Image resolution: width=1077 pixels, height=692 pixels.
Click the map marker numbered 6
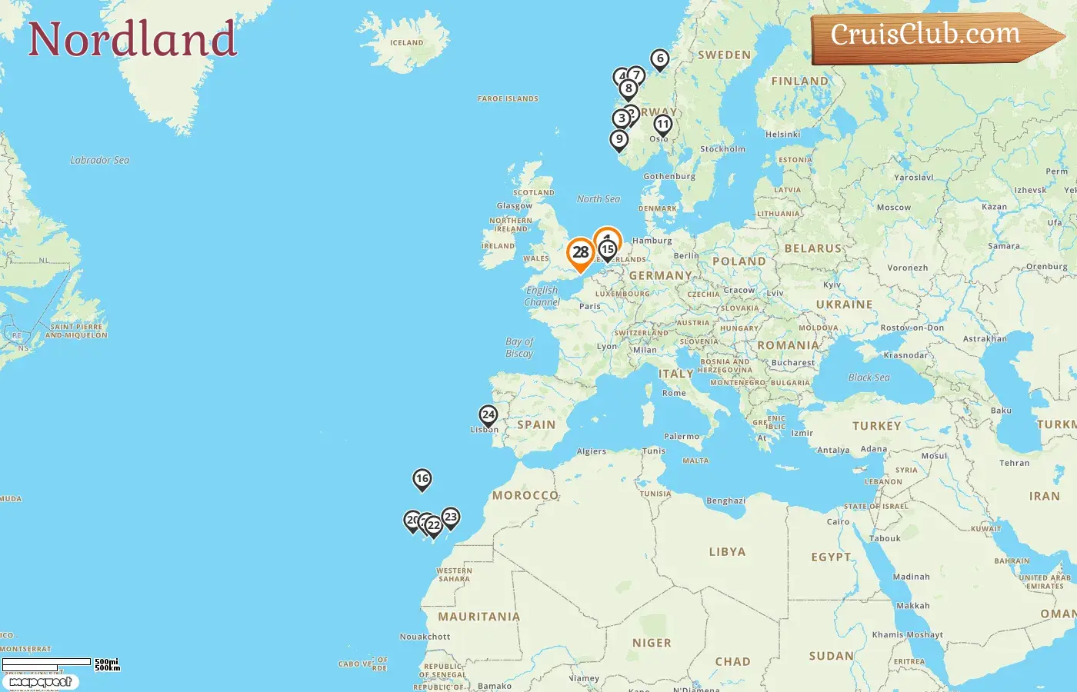[x=659, y=58]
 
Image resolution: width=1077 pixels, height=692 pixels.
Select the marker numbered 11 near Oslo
[x=662, y=125]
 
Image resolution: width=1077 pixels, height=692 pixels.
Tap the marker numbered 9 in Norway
[x=619, y=139]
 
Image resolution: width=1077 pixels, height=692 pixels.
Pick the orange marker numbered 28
[x=580, y=252]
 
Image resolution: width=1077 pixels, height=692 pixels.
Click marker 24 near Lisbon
[x=488, y=414]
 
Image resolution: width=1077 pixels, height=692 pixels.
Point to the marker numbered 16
[x=422, y=479]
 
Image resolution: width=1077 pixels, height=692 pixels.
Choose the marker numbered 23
[x=451, y=517]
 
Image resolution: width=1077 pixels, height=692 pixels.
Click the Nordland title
[x=132, y=39]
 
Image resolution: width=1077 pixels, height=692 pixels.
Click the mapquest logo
[x=41, y=682]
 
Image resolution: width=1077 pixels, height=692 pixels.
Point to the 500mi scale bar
[x=46, y=662]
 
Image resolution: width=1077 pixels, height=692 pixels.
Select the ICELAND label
[x=406, y=43]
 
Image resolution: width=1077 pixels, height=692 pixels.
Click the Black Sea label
[x=869, y=378]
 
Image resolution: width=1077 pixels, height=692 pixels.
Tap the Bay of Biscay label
[x=519, y=348]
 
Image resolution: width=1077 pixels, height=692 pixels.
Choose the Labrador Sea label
[x=99, y=160]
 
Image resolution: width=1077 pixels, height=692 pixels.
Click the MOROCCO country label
[x=525, y=495]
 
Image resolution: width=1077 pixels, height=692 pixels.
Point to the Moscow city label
[x=893, y=208]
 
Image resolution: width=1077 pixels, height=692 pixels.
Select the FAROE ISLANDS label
[x=508, y=98]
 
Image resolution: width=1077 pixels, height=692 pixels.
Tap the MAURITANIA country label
[x=478, y=617]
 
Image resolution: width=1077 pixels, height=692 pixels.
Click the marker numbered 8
[x=629, y=88]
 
